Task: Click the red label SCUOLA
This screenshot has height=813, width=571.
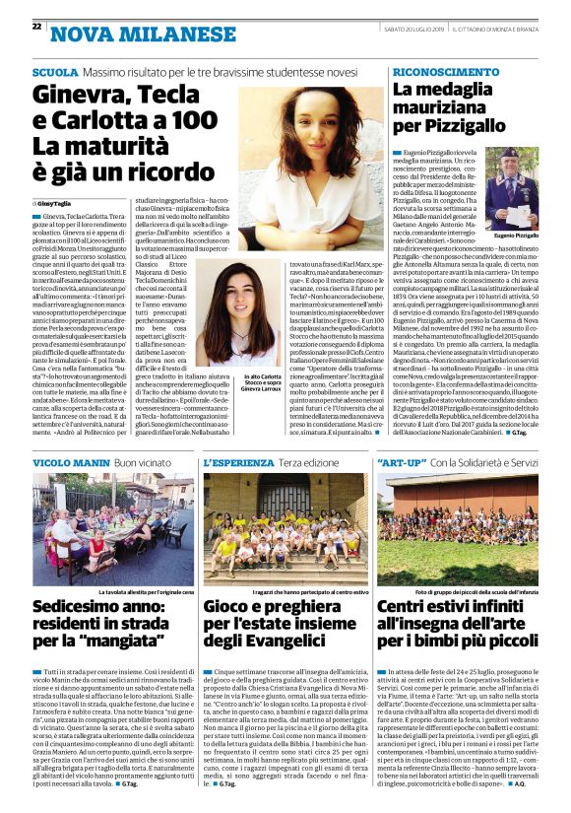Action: pos(54,73)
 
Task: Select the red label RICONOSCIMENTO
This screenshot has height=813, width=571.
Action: pos(440,73)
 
